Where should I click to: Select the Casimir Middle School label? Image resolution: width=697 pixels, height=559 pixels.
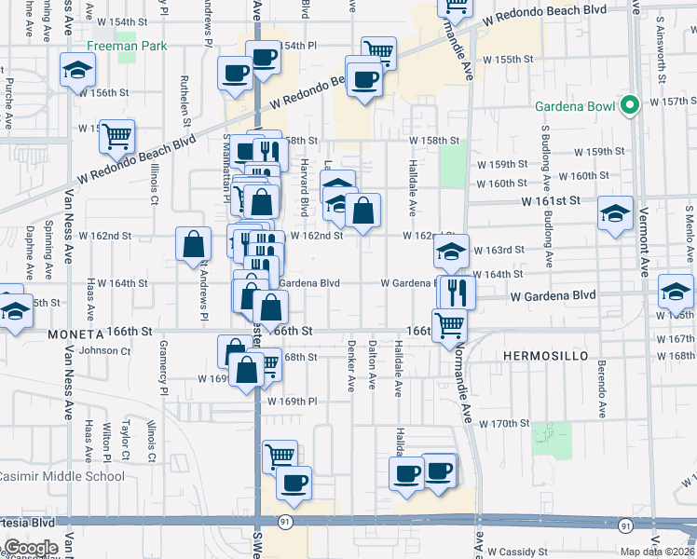pyautogui.click(x=62, y=476)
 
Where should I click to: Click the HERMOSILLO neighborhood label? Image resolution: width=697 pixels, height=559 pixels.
pyautogui.click(x=543, y=356)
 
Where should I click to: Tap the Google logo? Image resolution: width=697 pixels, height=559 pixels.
pyautogui.click(x=30, y=547)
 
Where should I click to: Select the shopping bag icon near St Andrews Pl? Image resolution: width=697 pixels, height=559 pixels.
pyautogui.click(x=192, y=245)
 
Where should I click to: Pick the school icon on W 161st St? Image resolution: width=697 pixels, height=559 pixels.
pyautogui.click(x=615, y=213)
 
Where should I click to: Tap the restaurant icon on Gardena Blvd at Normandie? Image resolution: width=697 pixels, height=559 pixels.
pyautogui.click(x=457, y=293)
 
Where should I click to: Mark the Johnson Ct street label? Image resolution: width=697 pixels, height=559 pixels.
pyautogui.click(x=104, y=351)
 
